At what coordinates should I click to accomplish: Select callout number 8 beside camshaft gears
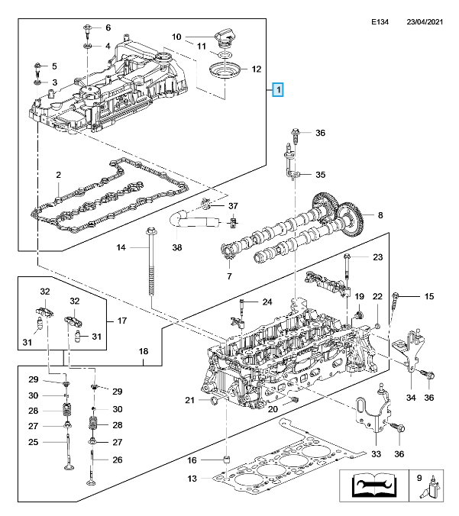(x=369, y=215)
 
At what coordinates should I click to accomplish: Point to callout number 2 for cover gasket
(x=58, y=176)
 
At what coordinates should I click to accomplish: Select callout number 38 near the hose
(x=177, y=248)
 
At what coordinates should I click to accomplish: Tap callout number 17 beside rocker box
(x=120, y=321)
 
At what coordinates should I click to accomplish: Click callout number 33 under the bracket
(x=376, y=455)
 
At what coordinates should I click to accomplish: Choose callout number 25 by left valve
(x=34, y=442)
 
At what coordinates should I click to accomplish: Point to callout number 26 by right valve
(x=118, y=459)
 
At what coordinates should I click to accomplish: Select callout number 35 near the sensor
(x=320, y=174)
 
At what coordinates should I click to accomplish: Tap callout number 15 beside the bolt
(x=428, y=295)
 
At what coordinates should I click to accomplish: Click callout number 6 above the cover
(x=108, y=27)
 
